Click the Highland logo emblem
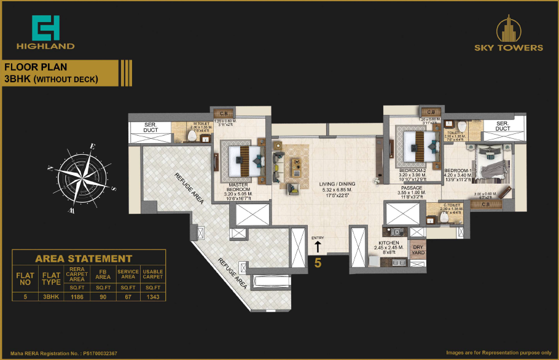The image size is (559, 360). [45, 27]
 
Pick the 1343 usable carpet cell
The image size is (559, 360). [152, 296]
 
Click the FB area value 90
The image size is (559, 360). [103, 296]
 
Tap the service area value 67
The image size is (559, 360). [127, 296]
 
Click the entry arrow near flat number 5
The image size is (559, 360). [318, 247]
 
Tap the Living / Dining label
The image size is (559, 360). [337, 184]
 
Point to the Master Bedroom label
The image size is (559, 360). [237, 187]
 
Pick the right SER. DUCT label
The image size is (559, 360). [502, 126]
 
